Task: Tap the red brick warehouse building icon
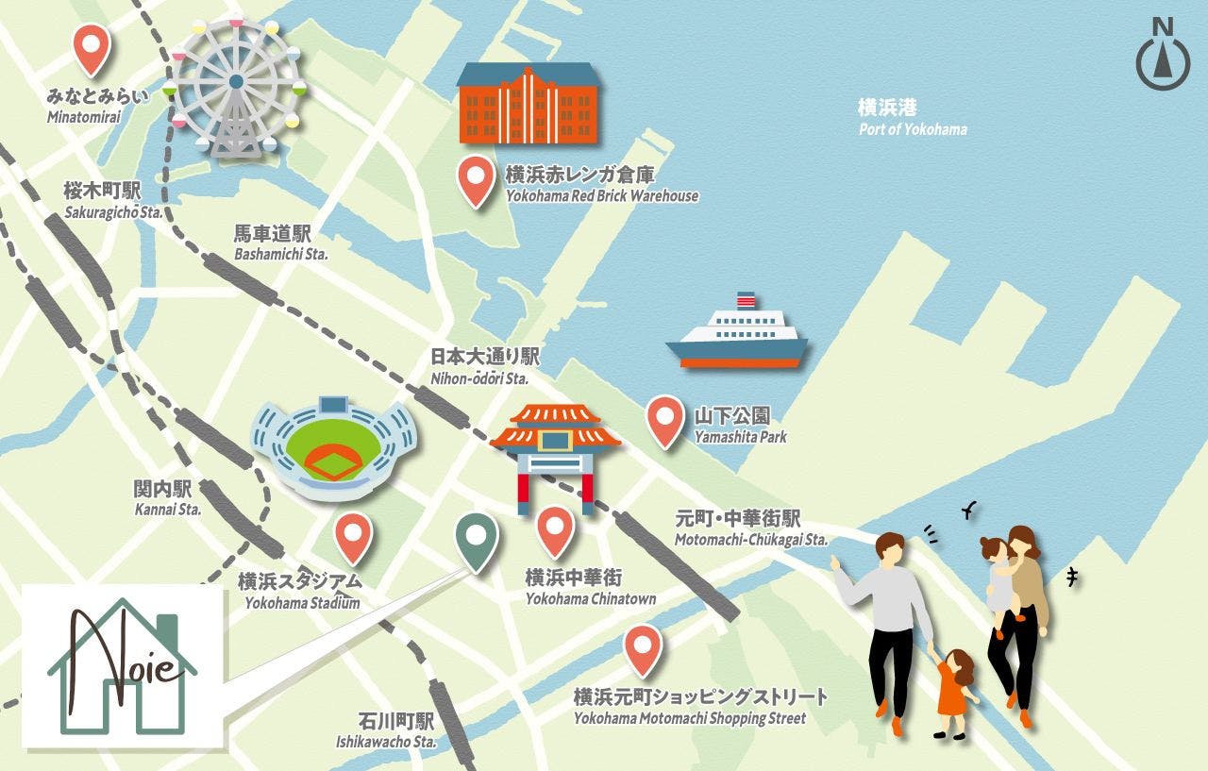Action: click(527, 104)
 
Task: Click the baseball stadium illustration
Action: click(333, 446)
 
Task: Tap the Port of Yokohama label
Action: click(912, 117)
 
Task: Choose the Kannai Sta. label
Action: click(166, 498)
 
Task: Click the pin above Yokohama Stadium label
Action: click(354, 536)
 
